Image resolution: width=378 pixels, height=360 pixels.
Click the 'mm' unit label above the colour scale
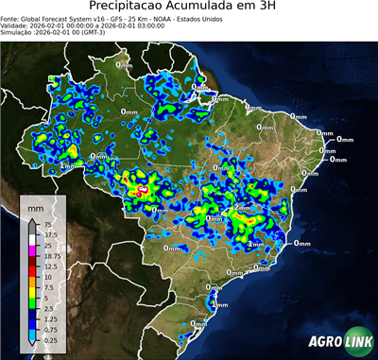click(x=35, y=205)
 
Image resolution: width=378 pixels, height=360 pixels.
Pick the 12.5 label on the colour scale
click(x=46, y=266)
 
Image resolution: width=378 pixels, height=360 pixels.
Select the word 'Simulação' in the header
click(x=19, y=31)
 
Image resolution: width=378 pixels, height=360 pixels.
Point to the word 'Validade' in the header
click(x=17, y=25)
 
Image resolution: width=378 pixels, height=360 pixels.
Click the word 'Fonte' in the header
click(x=12, y=18)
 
